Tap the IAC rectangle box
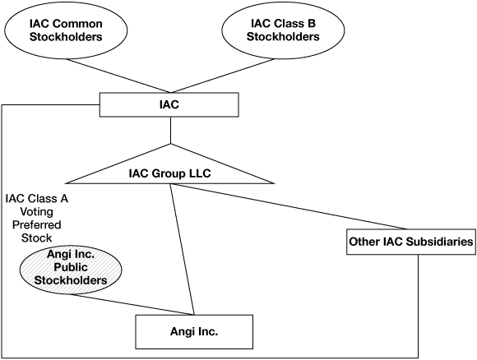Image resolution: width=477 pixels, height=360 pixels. [x=169, y=105]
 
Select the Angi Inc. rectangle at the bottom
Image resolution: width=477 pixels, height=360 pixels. [x=193, y=333]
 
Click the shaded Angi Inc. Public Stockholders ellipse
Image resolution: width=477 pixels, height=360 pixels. [x=72, y=268]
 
